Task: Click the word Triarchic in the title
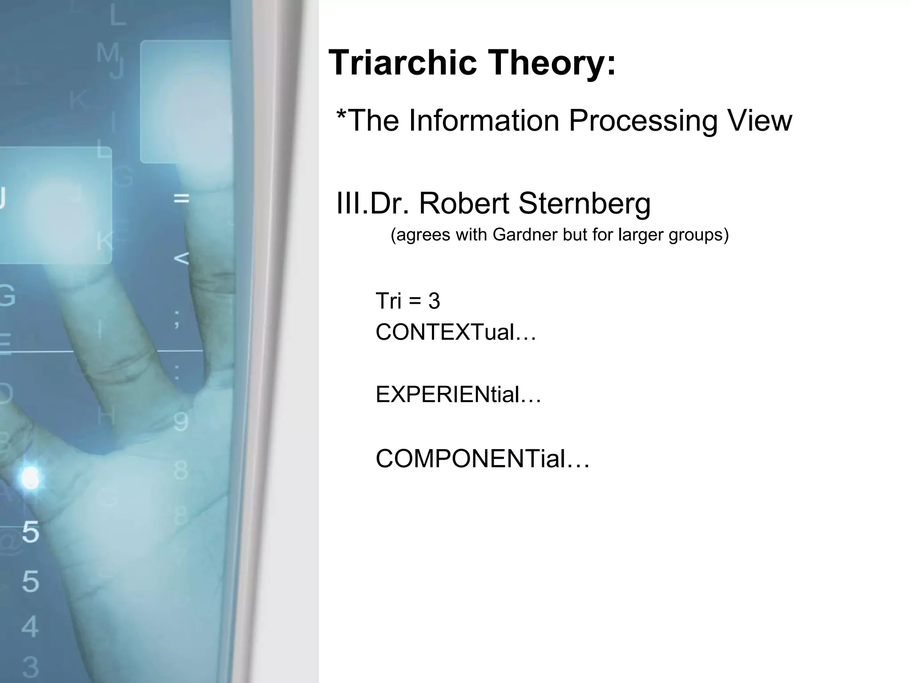pyautogui.click(x=403, y=63)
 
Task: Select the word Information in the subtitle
pyautogui.click(x=484, y=121)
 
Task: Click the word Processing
pyautogui.click(x=643, y=121)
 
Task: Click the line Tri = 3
pyautogui.click(x=408, y=301)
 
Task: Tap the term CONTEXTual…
pyautogui.click(x=456, y=332)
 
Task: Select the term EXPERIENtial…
pyautogui.click(x=458, y=394)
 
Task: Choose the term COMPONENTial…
pyautogui.click(x=483, y=459)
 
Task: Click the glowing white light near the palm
pyautogui.click(x=30, y=478)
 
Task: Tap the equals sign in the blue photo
pyautogui.click(x=181, y=198)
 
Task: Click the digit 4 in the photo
pyautogui.click(x=30, y=627)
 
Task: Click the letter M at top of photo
pyautogui.click(x=108, y=52)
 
